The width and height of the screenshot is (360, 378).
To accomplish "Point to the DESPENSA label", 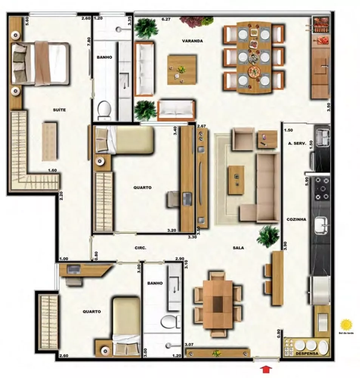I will click(x=307, y=354).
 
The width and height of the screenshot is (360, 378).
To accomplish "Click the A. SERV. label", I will click(x=296, y=143).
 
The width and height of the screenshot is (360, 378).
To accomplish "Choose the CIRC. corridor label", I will click(x=140, y=248).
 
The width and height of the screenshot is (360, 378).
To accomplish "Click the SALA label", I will click(x=238, y=248).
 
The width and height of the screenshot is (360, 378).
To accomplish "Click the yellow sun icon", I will click(x=346, y=324).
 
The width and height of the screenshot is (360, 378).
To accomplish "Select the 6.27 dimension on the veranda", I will click(x=166, y=18).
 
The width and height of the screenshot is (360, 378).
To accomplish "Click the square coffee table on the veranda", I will click(x=182, y=70).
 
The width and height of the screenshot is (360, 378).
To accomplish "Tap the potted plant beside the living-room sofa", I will click(x=268, y=236).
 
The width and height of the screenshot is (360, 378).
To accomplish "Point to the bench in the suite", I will click(x=49, y=141).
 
